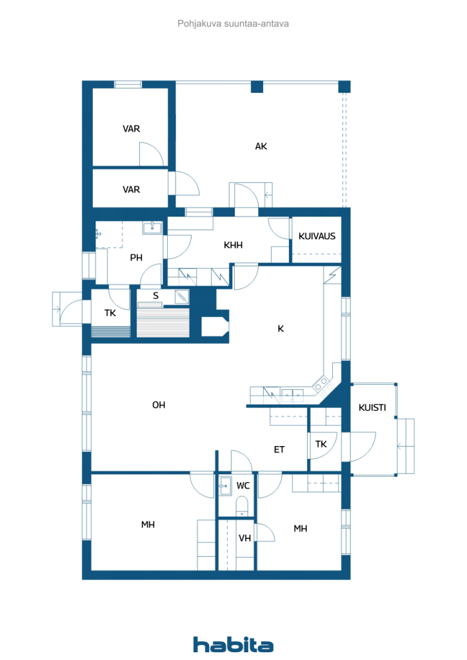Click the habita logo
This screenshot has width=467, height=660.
(233, 645)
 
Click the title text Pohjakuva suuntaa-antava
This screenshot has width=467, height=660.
(233, 24)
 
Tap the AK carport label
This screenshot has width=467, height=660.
(261, 146)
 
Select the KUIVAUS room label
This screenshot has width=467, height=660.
(317, 236)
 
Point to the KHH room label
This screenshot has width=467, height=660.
(233, 245)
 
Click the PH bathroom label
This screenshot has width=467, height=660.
(136, 258)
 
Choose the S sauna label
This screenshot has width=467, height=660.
(156, 296)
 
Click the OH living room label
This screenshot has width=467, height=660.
(159, 405)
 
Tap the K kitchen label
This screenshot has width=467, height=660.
(281, 329)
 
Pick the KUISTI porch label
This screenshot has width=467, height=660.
(372, 407)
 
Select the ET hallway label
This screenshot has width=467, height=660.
(279, 449)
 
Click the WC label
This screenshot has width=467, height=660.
(243, 486)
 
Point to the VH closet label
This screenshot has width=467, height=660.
(244, 538)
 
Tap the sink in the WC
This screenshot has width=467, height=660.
(225, 486)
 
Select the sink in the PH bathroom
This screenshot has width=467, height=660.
(152, 228)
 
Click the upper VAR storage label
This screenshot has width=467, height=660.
(132, 129)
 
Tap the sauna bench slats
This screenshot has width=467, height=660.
(163, 322)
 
